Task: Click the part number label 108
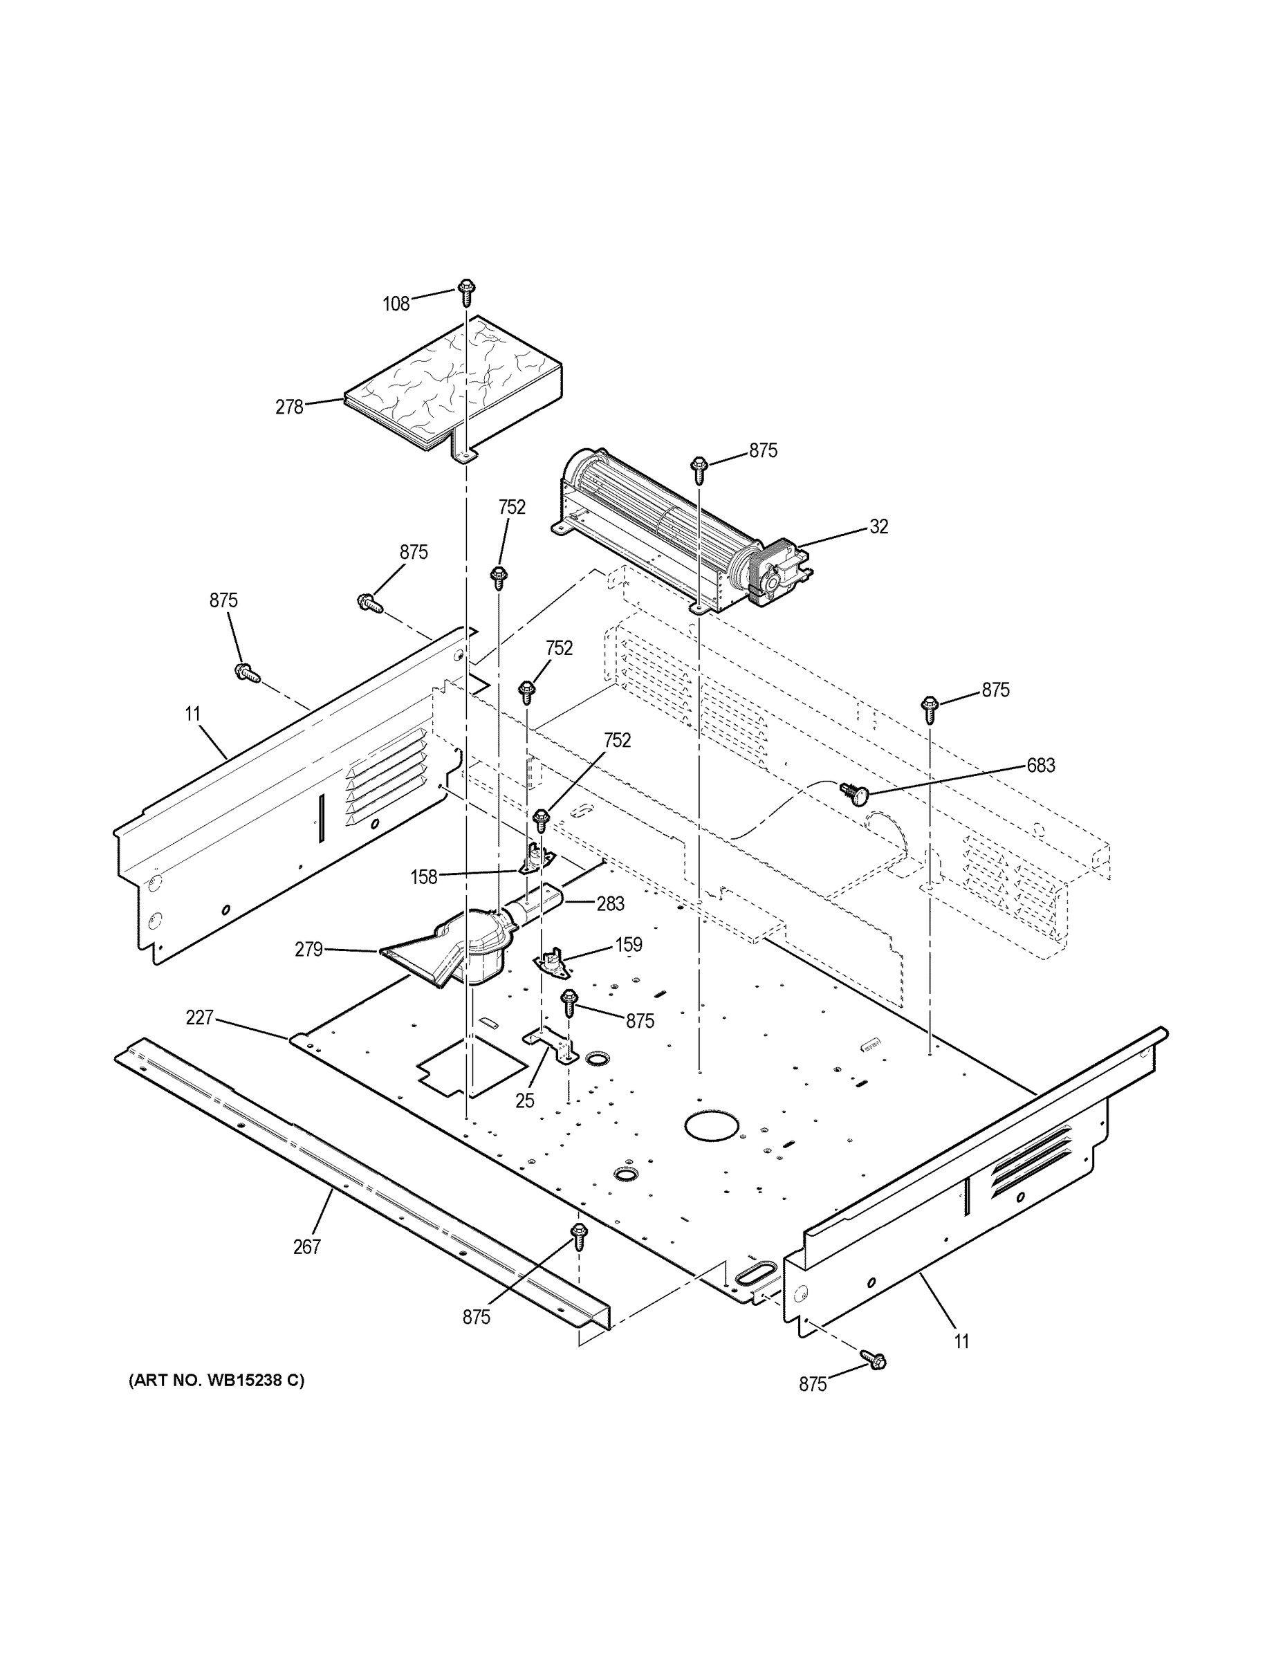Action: point(395,304)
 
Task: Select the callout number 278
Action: point(289,407)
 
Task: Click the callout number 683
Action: point(1040,766)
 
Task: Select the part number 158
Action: point(423,877)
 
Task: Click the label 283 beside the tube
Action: point(610,904)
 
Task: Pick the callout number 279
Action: point(308,950)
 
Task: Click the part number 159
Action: point(628,945)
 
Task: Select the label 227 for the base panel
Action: point(199,1017)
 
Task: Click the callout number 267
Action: point(307,1246)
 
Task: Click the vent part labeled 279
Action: point(456,950)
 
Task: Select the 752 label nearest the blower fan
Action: point(512,508)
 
